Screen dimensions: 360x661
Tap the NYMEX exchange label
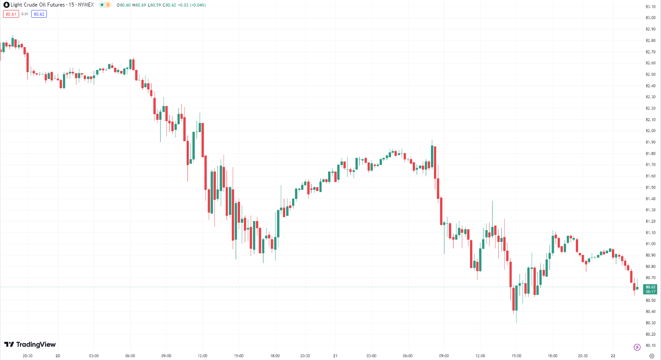pyautogui.click(x=86, y=5)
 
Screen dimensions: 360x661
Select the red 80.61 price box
pyautogui.click(x=11, y=14)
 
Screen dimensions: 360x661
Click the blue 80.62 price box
pyautogui.click(x=39, y=14)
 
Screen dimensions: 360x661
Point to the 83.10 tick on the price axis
pyautogui.click(x=650, y=7)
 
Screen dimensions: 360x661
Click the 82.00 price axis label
pyautogui.click(x=650, y=131)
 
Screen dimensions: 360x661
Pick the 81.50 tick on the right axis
pyautogui.click(x=650, y=188)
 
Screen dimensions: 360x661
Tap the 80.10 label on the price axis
pyautogui.click(x=650, y=346)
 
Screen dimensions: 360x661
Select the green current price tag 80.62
pyautogui.click(x=650, y=287)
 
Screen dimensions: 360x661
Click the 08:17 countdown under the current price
pyautogui.click(x=650, y=292)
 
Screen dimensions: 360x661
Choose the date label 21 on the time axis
pyautogui.click(x=335, y=356)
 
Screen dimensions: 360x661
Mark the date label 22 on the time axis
pyautogui.click(x=613, y=356)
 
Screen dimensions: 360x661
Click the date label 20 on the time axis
pyautogui.click(x=58, y=356)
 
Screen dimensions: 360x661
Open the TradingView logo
pyautogui.click(x=30, y=344)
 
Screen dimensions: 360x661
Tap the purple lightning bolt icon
pyautogui.click(x=637, y=347)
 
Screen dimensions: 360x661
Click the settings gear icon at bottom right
pyautogui.click(x=651, y=356)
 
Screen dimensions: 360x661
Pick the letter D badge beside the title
pyautogui.click(x=108, y=5)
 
